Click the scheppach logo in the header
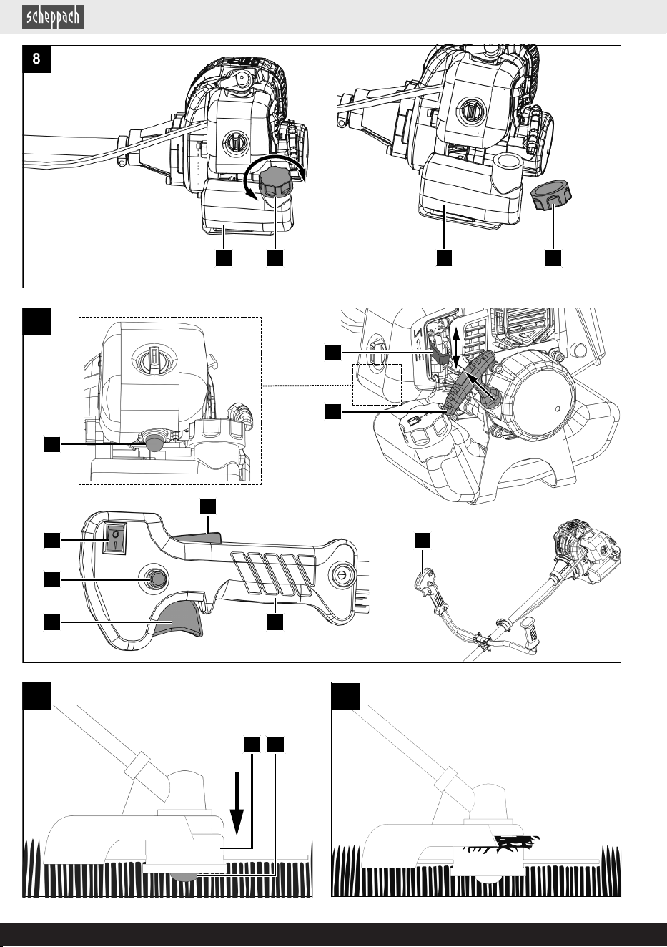tap(53, 17)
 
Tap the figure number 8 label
tap(36, 59)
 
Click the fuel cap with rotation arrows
tap(275, 182)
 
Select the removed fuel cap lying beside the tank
tap(550, 196)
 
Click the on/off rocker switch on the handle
tap(115, 538)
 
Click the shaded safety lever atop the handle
tap(198, 537)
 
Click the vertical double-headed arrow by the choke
tap(456, 347)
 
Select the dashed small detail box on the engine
tap(377, 385)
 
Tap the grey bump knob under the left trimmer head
tap(184, 876)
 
